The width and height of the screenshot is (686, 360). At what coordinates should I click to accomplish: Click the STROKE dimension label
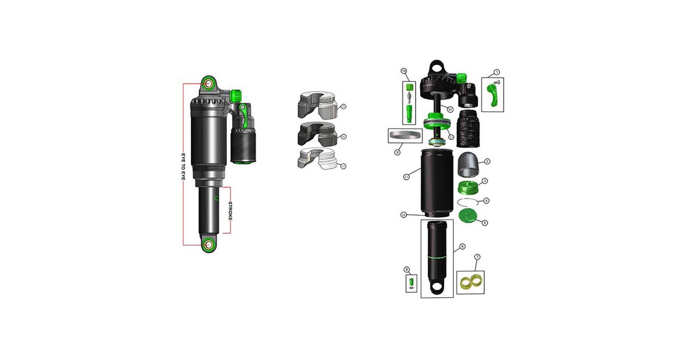pos(230,210)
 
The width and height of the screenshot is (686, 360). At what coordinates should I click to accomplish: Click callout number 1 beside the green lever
pos(497,72)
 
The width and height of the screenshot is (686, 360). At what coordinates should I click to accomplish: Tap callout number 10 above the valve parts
pos(404,71)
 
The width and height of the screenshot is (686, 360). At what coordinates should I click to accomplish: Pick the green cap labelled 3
pos(469,187)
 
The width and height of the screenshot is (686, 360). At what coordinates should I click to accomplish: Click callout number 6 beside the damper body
pos(462,247)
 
